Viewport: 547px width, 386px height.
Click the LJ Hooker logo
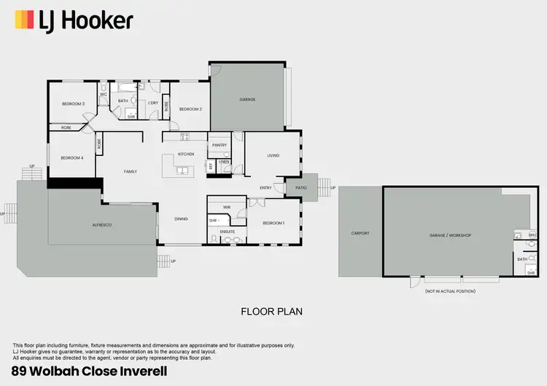(x=73, y=20)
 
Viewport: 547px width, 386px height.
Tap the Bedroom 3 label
(x=73, y=104)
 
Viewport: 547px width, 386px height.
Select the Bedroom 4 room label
(x=71, y=158)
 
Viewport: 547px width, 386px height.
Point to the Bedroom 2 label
(x=190, y=109)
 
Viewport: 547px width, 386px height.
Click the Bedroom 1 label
(x=273, y=222)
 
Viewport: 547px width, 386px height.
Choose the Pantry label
(x=220, y=145)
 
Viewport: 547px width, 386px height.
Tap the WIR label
(x=227, y=208)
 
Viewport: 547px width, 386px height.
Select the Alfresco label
(x=101, y=226)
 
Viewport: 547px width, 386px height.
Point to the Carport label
(x=360, y=234)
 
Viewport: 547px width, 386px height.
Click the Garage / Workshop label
(x=450, y=235)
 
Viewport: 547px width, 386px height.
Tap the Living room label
(x=273, y=155)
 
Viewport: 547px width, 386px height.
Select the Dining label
(x=181, y=218)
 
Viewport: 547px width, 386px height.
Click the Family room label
(x=130, y=171)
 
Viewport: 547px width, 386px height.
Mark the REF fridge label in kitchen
(x=211, y=166)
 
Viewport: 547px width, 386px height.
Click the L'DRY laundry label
(x=153, y=103)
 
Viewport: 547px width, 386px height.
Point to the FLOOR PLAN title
(x=271, y=311)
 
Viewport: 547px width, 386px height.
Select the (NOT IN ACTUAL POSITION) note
(x=450, y=291)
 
